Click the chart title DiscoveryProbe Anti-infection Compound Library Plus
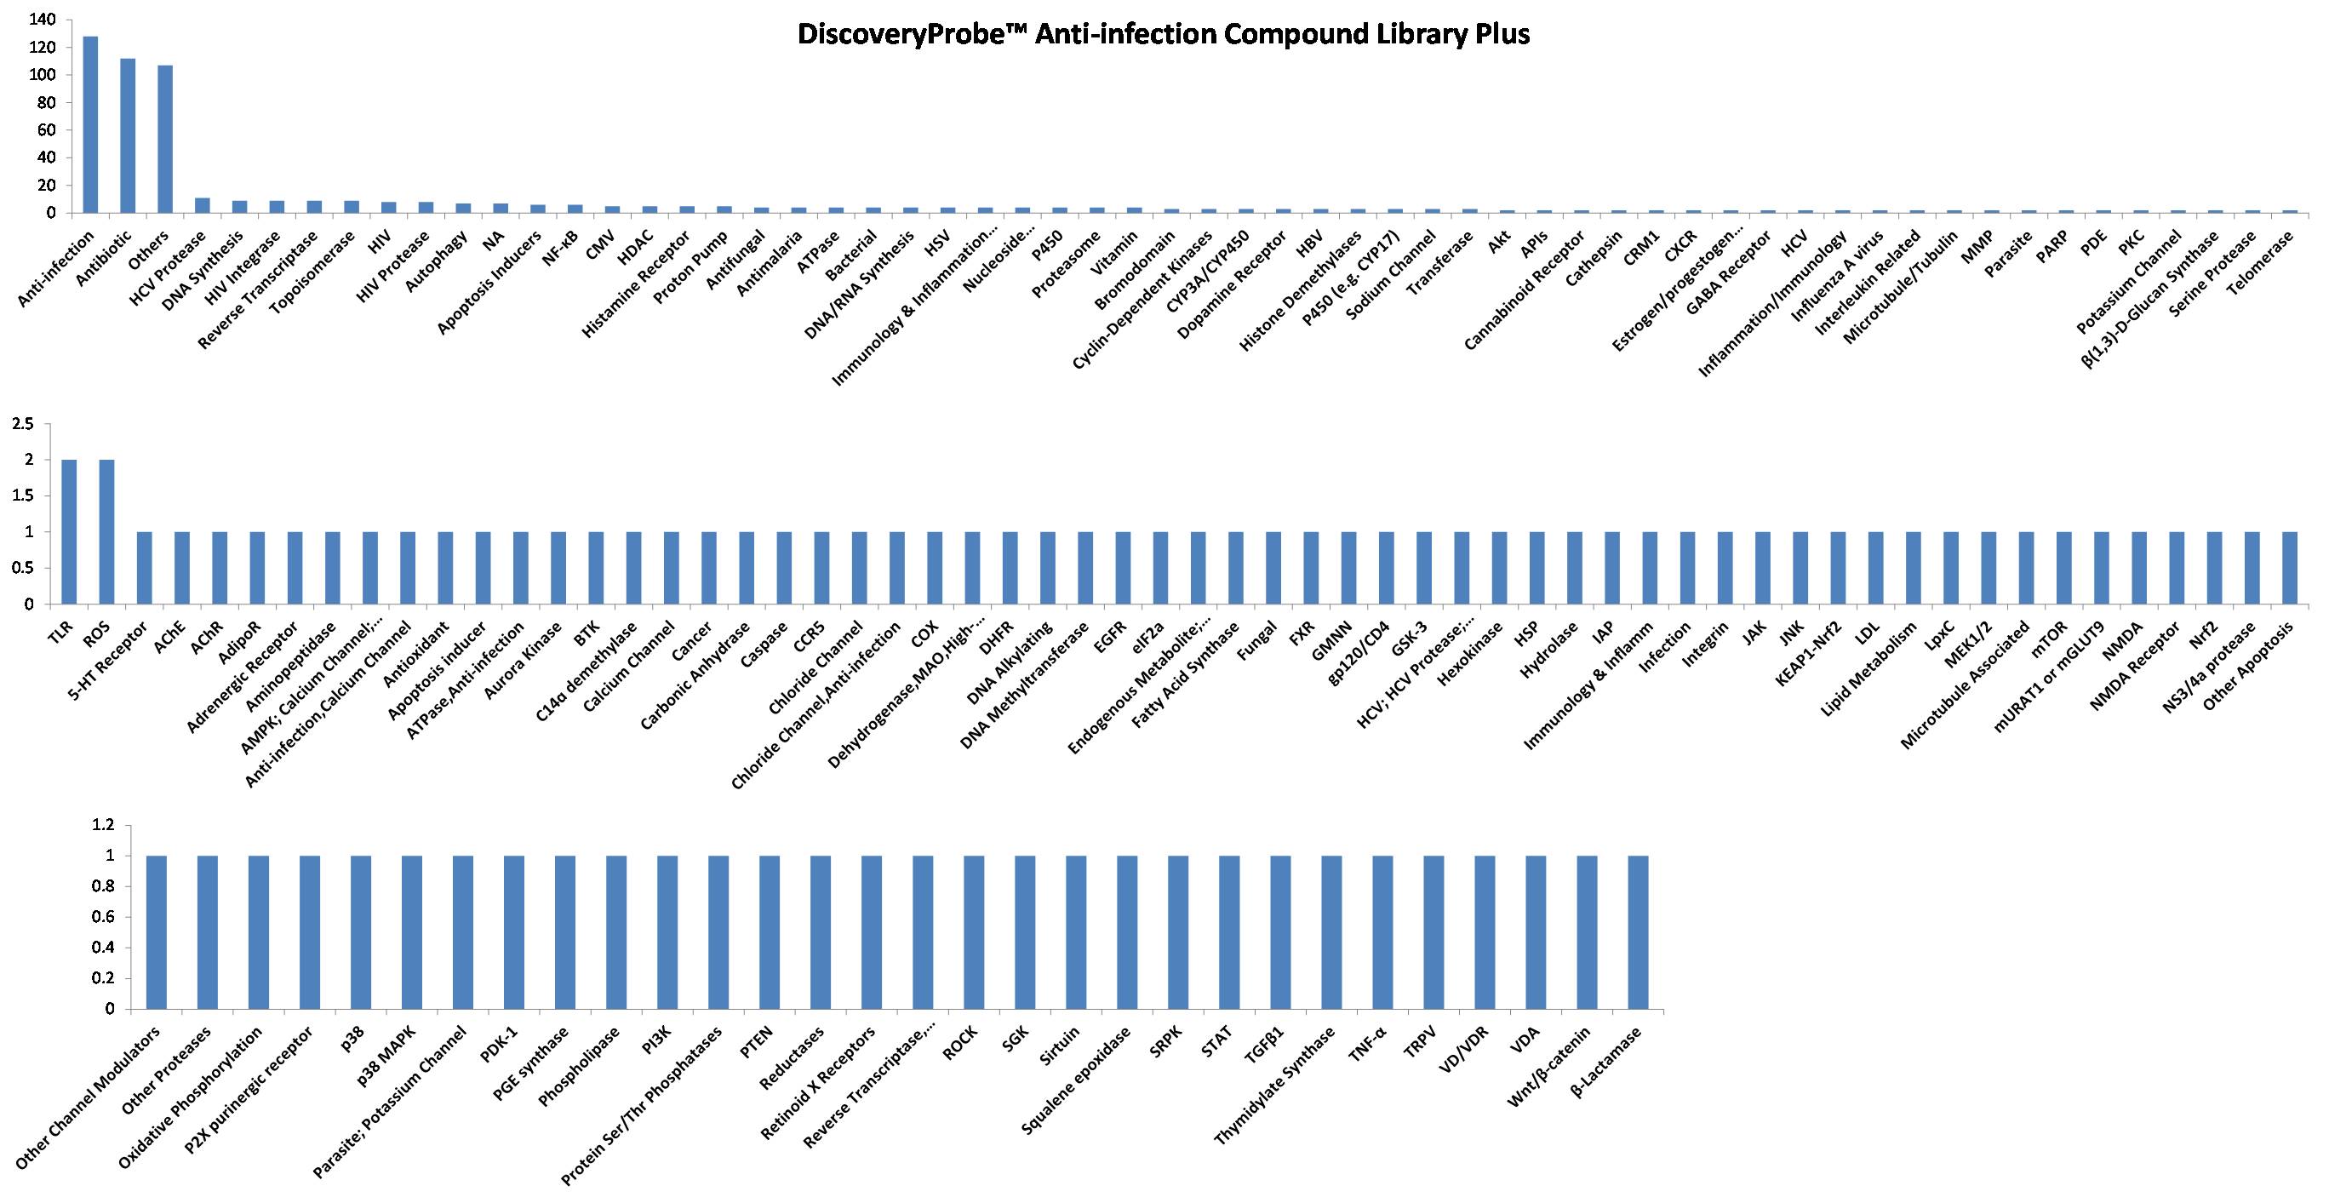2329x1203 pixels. click(1164, 35)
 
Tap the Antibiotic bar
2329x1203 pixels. click(128, 135)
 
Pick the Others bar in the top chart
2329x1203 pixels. click(164, 139)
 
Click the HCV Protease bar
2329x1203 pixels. click(203, 205)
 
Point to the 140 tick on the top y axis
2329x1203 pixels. click(43, 19)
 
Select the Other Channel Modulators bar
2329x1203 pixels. click(157, 931)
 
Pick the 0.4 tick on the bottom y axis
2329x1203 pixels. click(105, 948)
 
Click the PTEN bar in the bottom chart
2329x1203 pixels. click(770, 931)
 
